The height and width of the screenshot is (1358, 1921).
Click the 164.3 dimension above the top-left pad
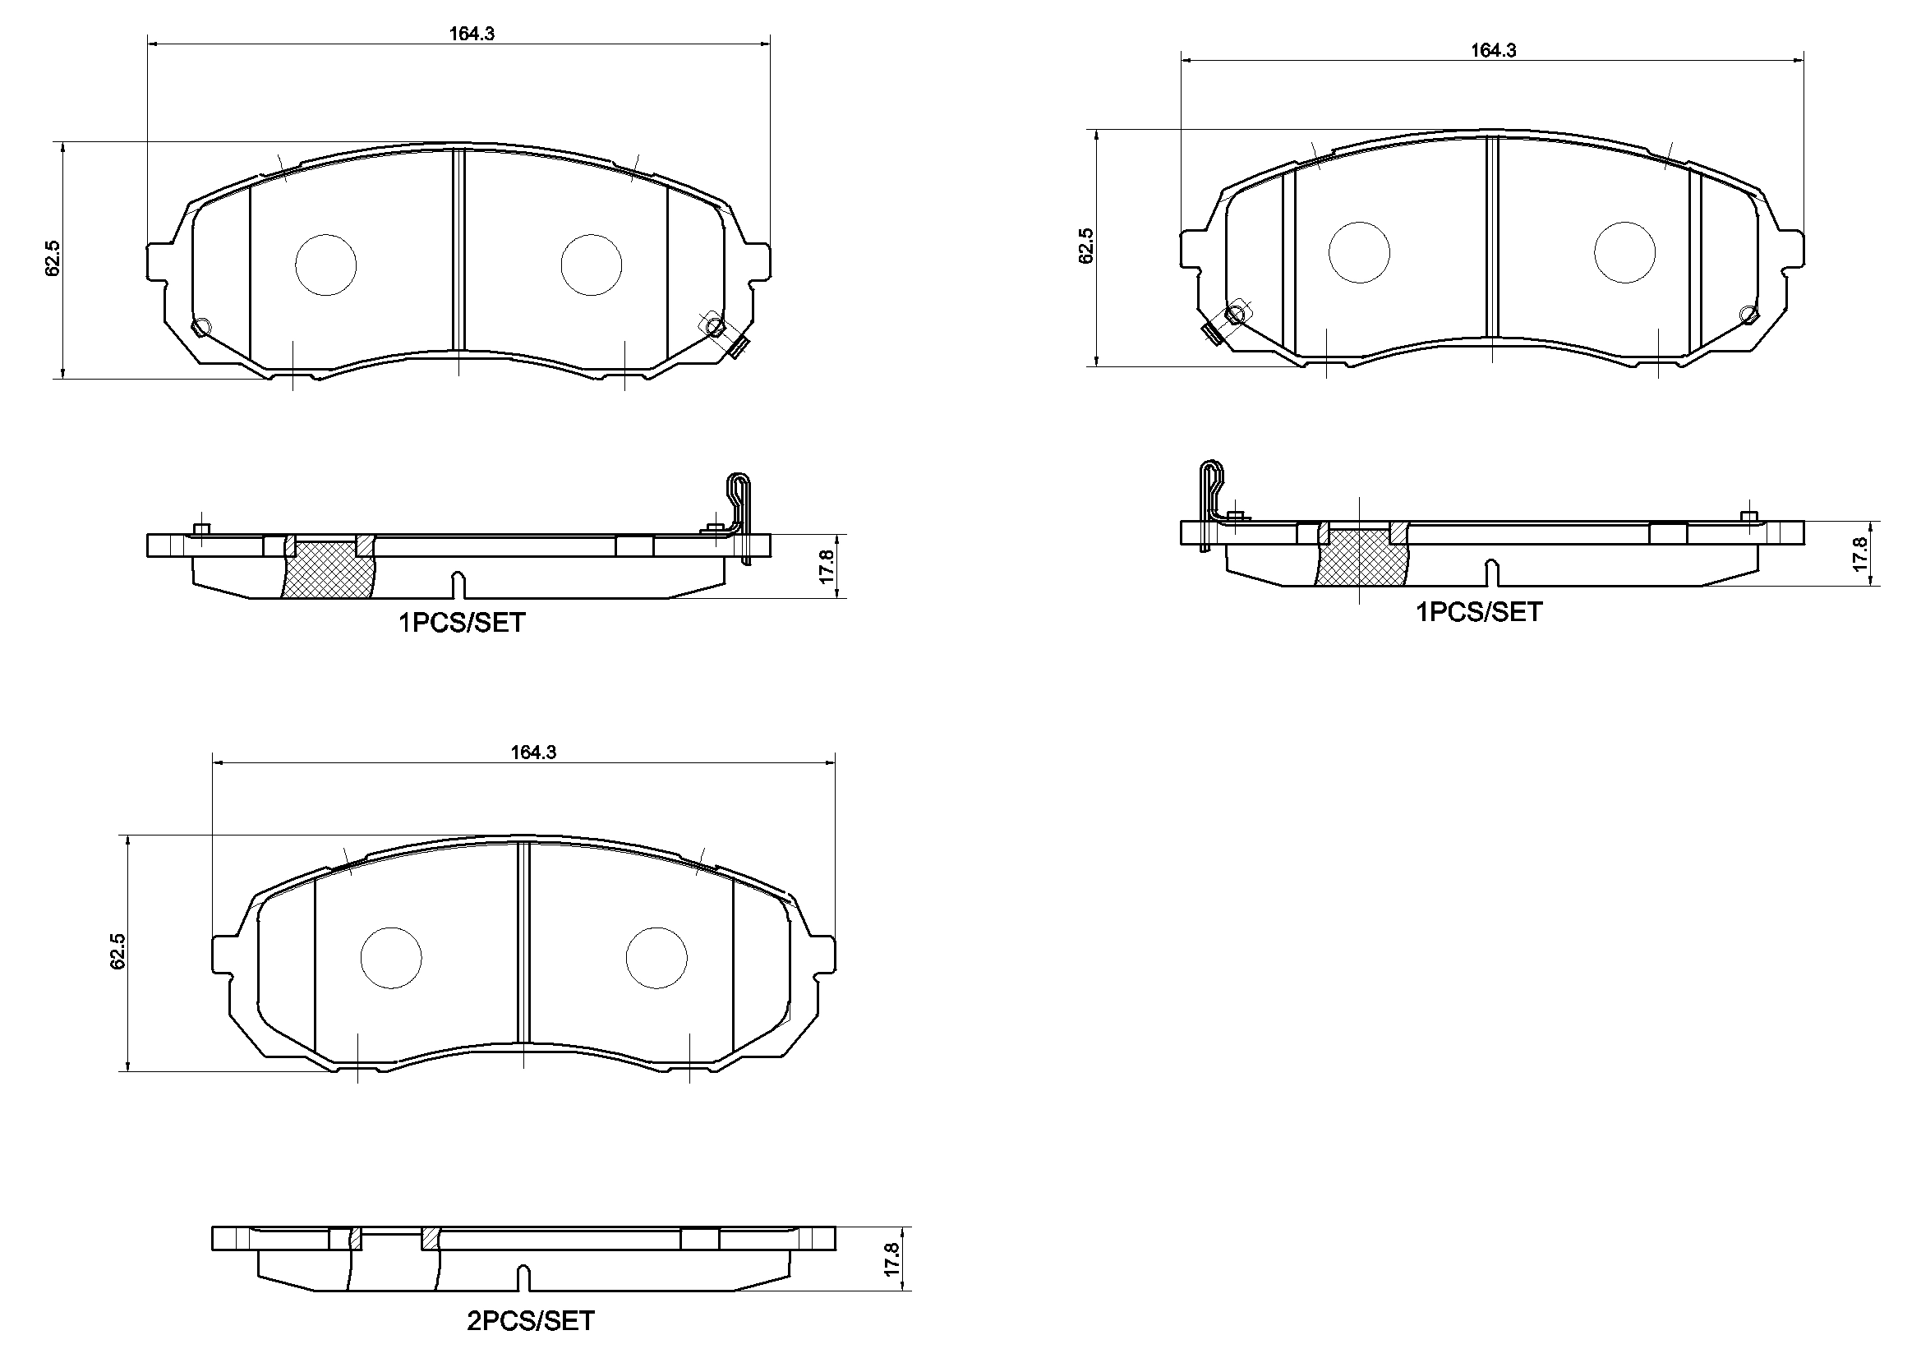(472, 35)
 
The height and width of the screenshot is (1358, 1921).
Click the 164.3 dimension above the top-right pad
(1494, 51)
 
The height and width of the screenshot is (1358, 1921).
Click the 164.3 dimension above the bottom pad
(534, 753)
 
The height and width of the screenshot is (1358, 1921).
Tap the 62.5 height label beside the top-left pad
(53, 259)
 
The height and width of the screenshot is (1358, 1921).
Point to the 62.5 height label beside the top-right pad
(1086, 246)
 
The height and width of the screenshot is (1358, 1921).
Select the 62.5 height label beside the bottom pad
(118, 952)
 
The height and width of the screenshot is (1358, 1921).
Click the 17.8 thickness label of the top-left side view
(827, 567)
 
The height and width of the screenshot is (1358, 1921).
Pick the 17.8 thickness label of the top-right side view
(1860, 554)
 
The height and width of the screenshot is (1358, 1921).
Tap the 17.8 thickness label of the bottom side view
(892, 1259)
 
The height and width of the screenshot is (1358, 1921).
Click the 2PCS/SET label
(531, 1321)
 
